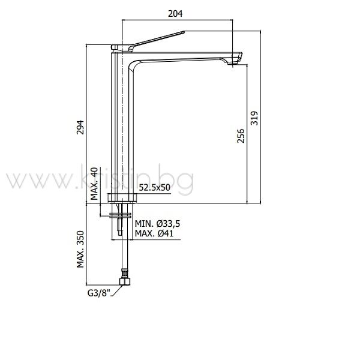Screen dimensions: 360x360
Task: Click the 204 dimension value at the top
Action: [175, 14]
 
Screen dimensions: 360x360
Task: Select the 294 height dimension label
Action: [80, 127]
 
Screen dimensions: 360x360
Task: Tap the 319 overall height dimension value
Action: [254, 118]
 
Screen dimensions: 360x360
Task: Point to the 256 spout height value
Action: [241, 136]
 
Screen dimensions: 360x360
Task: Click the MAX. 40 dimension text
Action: [94, 184]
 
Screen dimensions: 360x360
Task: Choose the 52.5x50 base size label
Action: [155, 188]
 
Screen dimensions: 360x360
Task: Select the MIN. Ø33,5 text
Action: [157, 223]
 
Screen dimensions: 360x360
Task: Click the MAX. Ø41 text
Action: [154, 233]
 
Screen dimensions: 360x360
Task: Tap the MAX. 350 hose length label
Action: [80, 250]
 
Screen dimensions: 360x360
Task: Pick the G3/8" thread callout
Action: [99, 293]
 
